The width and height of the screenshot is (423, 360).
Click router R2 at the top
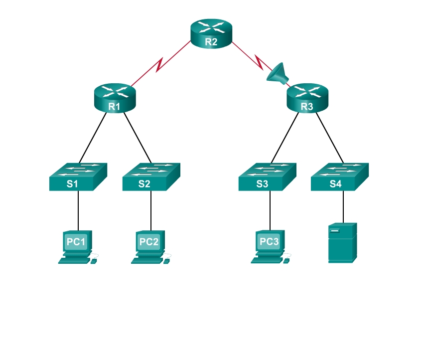(x=211, y=34)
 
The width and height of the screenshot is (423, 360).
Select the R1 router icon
(x=115, y=98)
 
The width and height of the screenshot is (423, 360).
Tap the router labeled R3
(x=307, y=98)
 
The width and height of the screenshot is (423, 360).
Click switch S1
(x=78, y=177)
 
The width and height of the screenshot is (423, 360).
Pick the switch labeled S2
(x=151, y=177)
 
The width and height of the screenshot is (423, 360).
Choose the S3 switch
(x=267, y=177)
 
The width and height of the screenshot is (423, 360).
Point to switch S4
(x=340, y=177)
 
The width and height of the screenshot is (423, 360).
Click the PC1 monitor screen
(x=76, y=242)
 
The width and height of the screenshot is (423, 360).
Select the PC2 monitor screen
(x=149, y=242)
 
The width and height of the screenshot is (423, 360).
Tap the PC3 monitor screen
(x=269, y=242)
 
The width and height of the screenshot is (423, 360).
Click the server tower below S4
(x=342, y=243)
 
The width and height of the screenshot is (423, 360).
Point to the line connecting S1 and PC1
(x=78, y=209)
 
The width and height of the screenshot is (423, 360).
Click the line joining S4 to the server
(x=343, y=207)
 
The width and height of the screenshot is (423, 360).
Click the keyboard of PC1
(x=74, y=260)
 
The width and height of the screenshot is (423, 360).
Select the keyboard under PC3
(x=267, y=260)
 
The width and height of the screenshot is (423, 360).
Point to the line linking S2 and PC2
(x=151, y=209)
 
